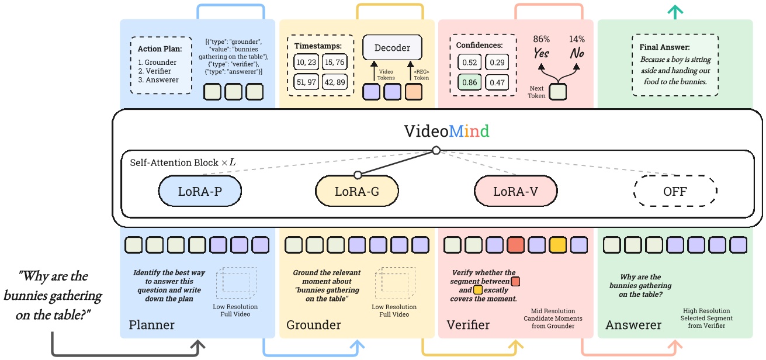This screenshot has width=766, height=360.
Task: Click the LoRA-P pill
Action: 199,191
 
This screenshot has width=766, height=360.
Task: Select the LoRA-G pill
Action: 357,191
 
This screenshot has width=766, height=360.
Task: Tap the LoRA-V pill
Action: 515,191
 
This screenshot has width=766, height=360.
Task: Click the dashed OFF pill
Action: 675,191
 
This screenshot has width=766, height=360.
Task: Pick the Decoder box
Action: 392,48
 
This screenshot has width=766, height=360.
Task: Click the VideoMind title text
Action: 446,131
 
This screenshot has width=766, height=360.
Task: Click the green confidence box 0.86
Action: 470,83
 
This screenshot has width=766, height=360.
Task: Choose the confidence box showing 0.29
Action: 497,63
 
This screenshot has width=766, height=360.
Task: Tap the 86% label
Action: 542,39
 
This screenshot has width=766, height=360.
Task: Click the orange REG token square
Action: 413,91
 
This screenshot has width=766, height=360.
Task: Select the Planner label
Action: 151,325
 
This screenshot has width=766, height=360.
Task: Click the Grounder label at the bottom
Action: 313,325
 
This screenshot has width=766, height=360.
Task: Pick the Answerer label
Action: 633,325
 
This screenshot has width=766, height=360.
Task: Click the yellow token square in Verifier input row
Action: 557,244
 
